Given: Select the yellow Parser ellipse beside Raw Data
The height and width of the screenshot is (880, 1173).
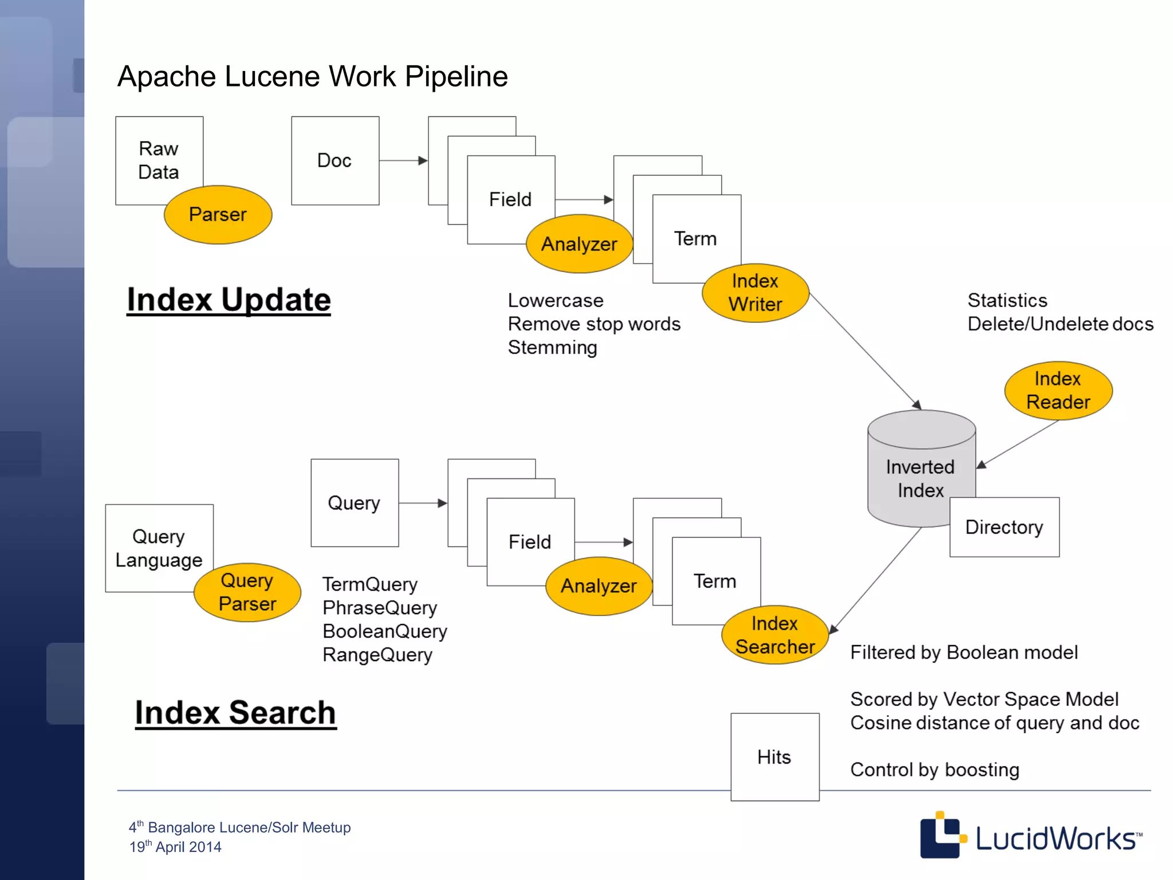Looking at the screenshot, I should (x=218, y=215).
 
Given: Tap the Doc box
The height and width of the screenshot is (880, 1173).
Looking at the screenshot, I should (x=335, y=160).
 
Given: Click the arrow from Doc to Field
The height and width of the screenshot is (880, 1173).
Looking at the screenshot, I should (x=403, y=160).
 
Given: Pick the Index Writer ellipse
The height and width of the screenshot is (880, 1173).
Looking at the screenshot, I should (x=755, y=293).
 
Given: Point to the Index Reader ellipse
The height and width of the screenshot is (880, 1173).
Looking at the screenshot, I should (x=1058, y=391).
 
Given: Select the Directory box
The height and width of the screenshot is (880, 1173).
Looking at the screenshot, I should (x=1004, y=527).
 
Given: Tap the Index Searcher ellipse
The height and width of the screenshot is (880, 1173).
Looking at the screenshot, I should (x=774, y=635).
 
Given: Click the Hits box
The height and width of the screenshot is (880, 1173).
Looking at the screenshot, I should (x=774, y=757).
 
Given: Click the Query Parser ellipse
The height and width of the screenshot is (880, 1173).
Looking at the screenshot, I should (x=247, y=592).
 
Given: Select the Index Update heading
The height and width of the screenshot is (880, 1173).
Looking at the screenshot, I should (x=229, y=300).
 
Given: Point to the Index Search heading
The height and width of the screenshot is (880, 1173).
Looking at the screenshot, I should (x=235, y=713).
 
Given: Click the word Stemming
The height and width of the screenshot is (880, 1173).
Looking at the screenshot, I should (x=552, y=348).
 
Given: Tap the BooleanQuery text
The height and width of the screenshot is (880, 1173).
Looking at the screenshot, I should (x=384, y=631).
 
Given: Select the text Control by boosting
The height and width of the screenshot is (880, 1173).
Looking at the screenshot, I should (x=934, y=770).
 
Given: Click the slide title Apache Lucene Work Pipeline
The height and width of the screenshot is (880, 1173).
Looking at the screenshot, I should (x=312, y=76).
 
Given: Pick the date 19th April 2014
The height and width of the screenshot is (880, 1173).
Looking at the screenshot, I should (x=175, y=847).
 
